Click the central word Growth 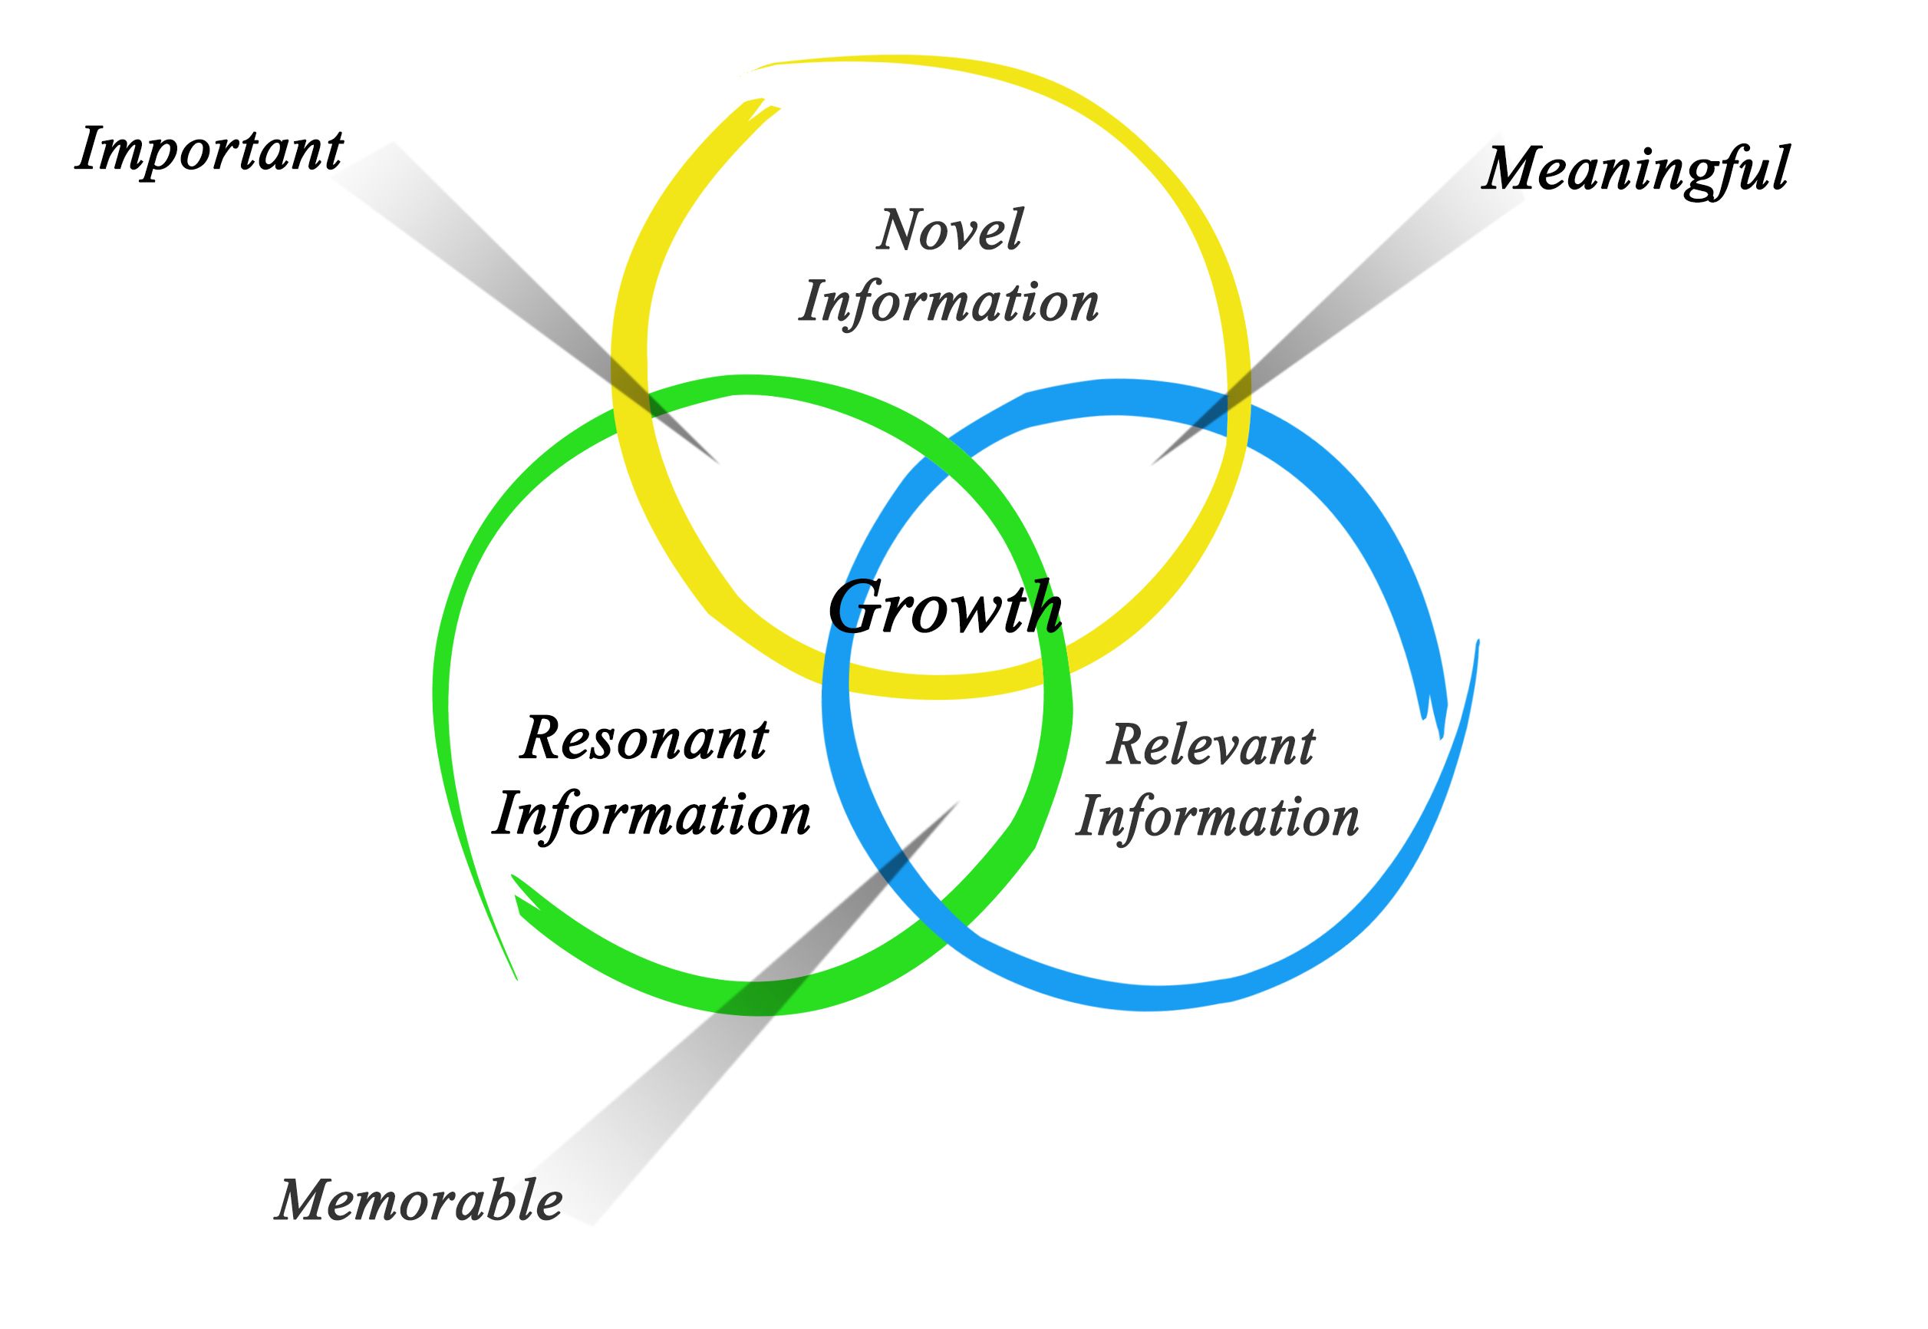(x=945, y=607)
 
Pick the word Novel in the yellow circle (x=950, y=230)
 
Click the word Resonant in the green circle (x=644, y=740)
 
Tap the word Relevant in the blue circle (x=1211, y=745)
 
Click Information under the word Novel (x=949, y=303)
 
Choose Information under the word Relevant (x=1217, y=818)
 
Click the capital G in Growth (x=858, y=607)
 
